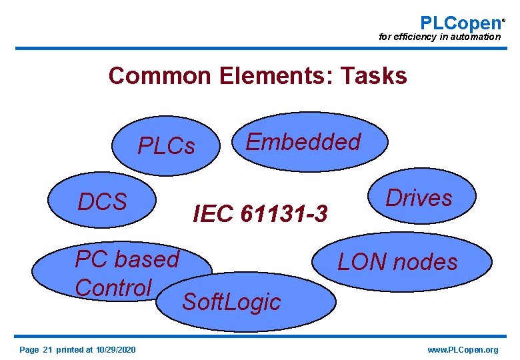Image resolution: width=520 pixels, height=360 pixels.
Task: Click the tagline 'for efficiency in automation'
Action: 439,37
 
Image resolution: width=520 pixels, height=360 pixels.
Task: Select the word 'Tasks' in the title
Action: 373,76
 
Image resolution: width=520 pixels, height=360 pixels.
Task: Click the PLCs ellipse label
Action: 166,145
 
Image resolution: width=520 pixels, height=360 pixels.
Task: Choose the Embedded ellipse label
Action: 303,142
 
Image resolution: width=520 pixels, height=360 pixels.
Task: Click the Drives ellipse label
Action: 419,198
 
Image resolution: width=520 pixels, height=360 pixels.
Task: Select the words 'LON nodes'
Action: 397,262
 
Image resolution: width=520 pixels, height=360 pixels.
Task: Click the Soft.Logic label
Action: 231,302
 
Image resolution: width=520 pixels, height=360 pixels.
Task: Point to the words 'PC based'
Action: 127,258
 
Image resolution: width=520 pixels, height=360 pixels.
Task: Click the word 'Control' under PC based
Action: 113,288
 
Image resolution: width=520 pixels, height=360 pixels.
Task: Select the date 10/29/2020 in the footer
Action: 115,350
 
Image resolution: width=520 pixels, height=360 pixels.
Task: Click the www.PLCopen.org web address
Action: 463,350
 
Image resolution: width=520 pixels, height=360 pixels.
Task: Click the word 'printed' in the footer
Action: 70,350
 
